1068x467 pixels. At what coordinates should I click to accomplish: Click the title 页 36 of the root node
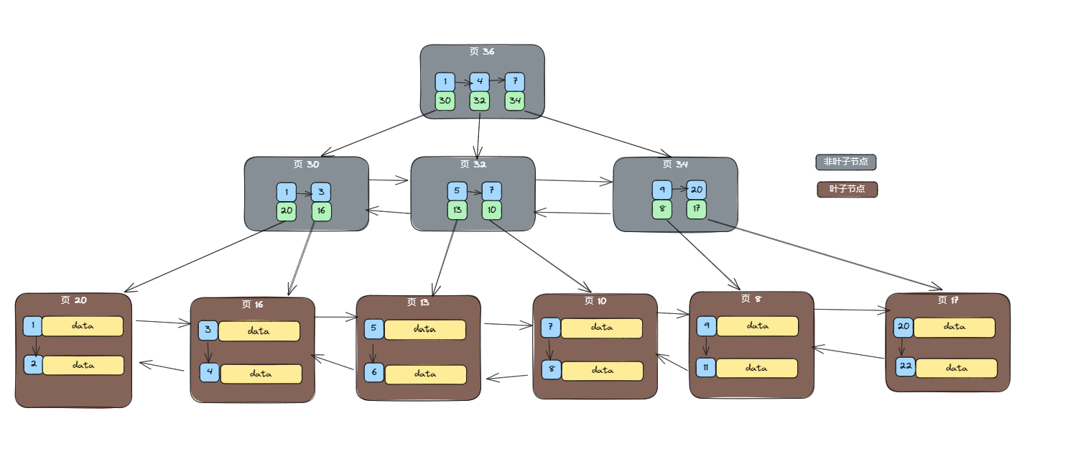(x=482, y=52)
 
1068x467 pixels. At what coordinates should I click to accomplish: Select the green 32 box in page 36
(x=480, y=101)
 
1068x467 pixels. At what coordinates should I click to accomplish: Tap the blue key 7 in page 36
(x=515, y=82)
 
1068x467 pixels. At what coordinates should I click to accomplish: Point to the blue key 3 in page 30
(x=321, y=192)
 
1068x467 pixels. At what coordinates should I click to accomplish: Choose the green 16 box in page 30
(x=321, y=211)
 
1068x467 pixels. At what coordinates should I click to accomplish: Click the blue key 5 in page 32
(x=457, y=191)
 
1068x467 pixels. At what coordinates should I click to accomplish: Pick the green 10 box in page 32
(x=491, y=210)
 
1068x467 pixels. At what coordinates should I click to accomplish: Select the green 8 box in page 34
(x=662, y=209)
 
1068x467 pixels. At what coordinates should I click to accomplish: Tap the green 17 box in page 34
(x=697, y=209)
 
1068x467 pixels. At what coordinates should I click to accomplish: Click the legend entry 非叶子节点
(x=845, y=162)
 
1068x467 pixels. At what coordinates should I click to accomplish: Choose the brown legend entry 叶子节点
(x=847, y=190)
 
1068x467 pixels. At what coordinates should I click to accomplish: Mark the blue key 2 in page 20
(x=33, y=364)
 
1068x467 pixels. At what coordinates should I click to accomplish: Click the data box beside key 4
(x=261, y=374)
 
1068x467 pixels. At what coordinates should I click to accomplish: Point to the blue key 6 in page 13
(x=374, y=372)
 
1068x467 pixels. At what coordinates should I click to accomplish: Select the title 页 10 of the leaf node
(x=595, y=301)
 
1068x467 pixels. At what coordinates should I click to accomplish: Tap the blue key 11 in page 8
(x=706, y=367)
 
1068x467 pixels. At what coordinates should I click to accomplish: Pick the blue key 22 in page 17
(x=905, y=366)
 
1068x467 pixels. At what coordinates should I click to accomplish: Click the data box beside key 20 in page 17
(x=954, y=327)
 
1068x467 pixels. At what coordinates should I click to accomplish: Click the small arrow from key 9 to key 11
(x=706, y=346)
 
